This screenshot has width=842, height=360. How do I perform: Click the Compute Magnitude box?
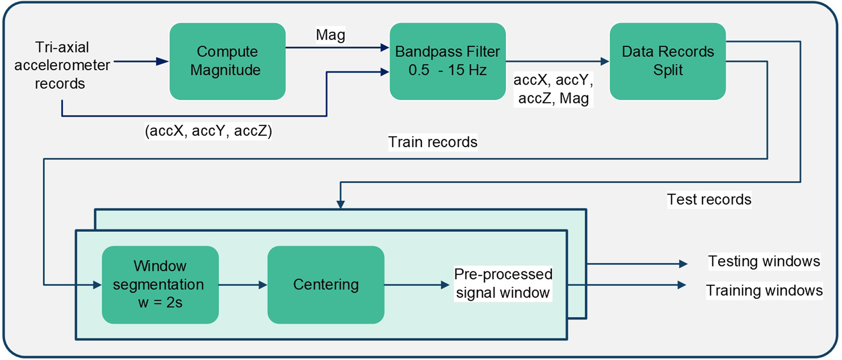(227, 61)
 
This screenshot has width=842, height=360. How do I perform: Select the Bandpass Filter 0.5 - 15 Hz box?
(447, 61)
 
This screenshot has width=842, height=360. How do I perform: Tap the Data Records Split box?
(667, 61)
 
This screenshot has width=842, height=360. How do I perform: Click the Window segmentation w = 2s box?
(160, 285)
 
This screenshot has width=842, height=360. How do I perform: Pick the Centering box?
(325, 285)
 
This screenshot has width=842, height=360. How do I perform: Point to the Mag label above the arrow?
(330, 35)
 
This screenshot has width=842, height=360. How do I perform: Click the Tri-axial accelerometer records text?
(62, 65)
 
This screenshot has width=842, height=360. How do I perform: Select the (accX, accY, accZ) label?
(208, 131)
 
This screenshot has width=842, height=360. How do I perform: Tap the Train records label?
(432, 142)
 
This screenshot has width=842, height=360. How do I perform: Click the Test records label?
(709, 199)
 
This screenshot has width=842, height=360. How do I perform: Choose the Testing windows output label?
(763, 261)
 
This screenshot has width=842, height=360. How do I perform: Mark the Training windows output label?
(764, 291)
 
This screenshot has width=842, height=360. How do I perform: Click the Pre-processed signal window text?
(503, 284)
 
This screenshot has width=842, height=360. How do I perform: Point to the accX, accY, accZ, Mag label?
(553, 89)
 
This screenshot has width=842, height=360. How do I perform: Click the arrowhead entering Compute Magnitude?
(162, 62)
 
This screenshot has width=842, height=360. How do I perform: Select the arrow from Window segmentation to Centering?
(243, 285)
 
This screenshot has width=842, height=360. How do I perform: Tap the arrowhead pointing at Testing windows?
(683, 264)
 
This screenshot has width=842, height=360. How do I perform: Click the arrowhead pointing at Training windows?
(681, 285)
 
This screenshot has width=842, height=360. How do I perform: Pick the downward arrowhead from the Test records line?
(340, 204)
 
